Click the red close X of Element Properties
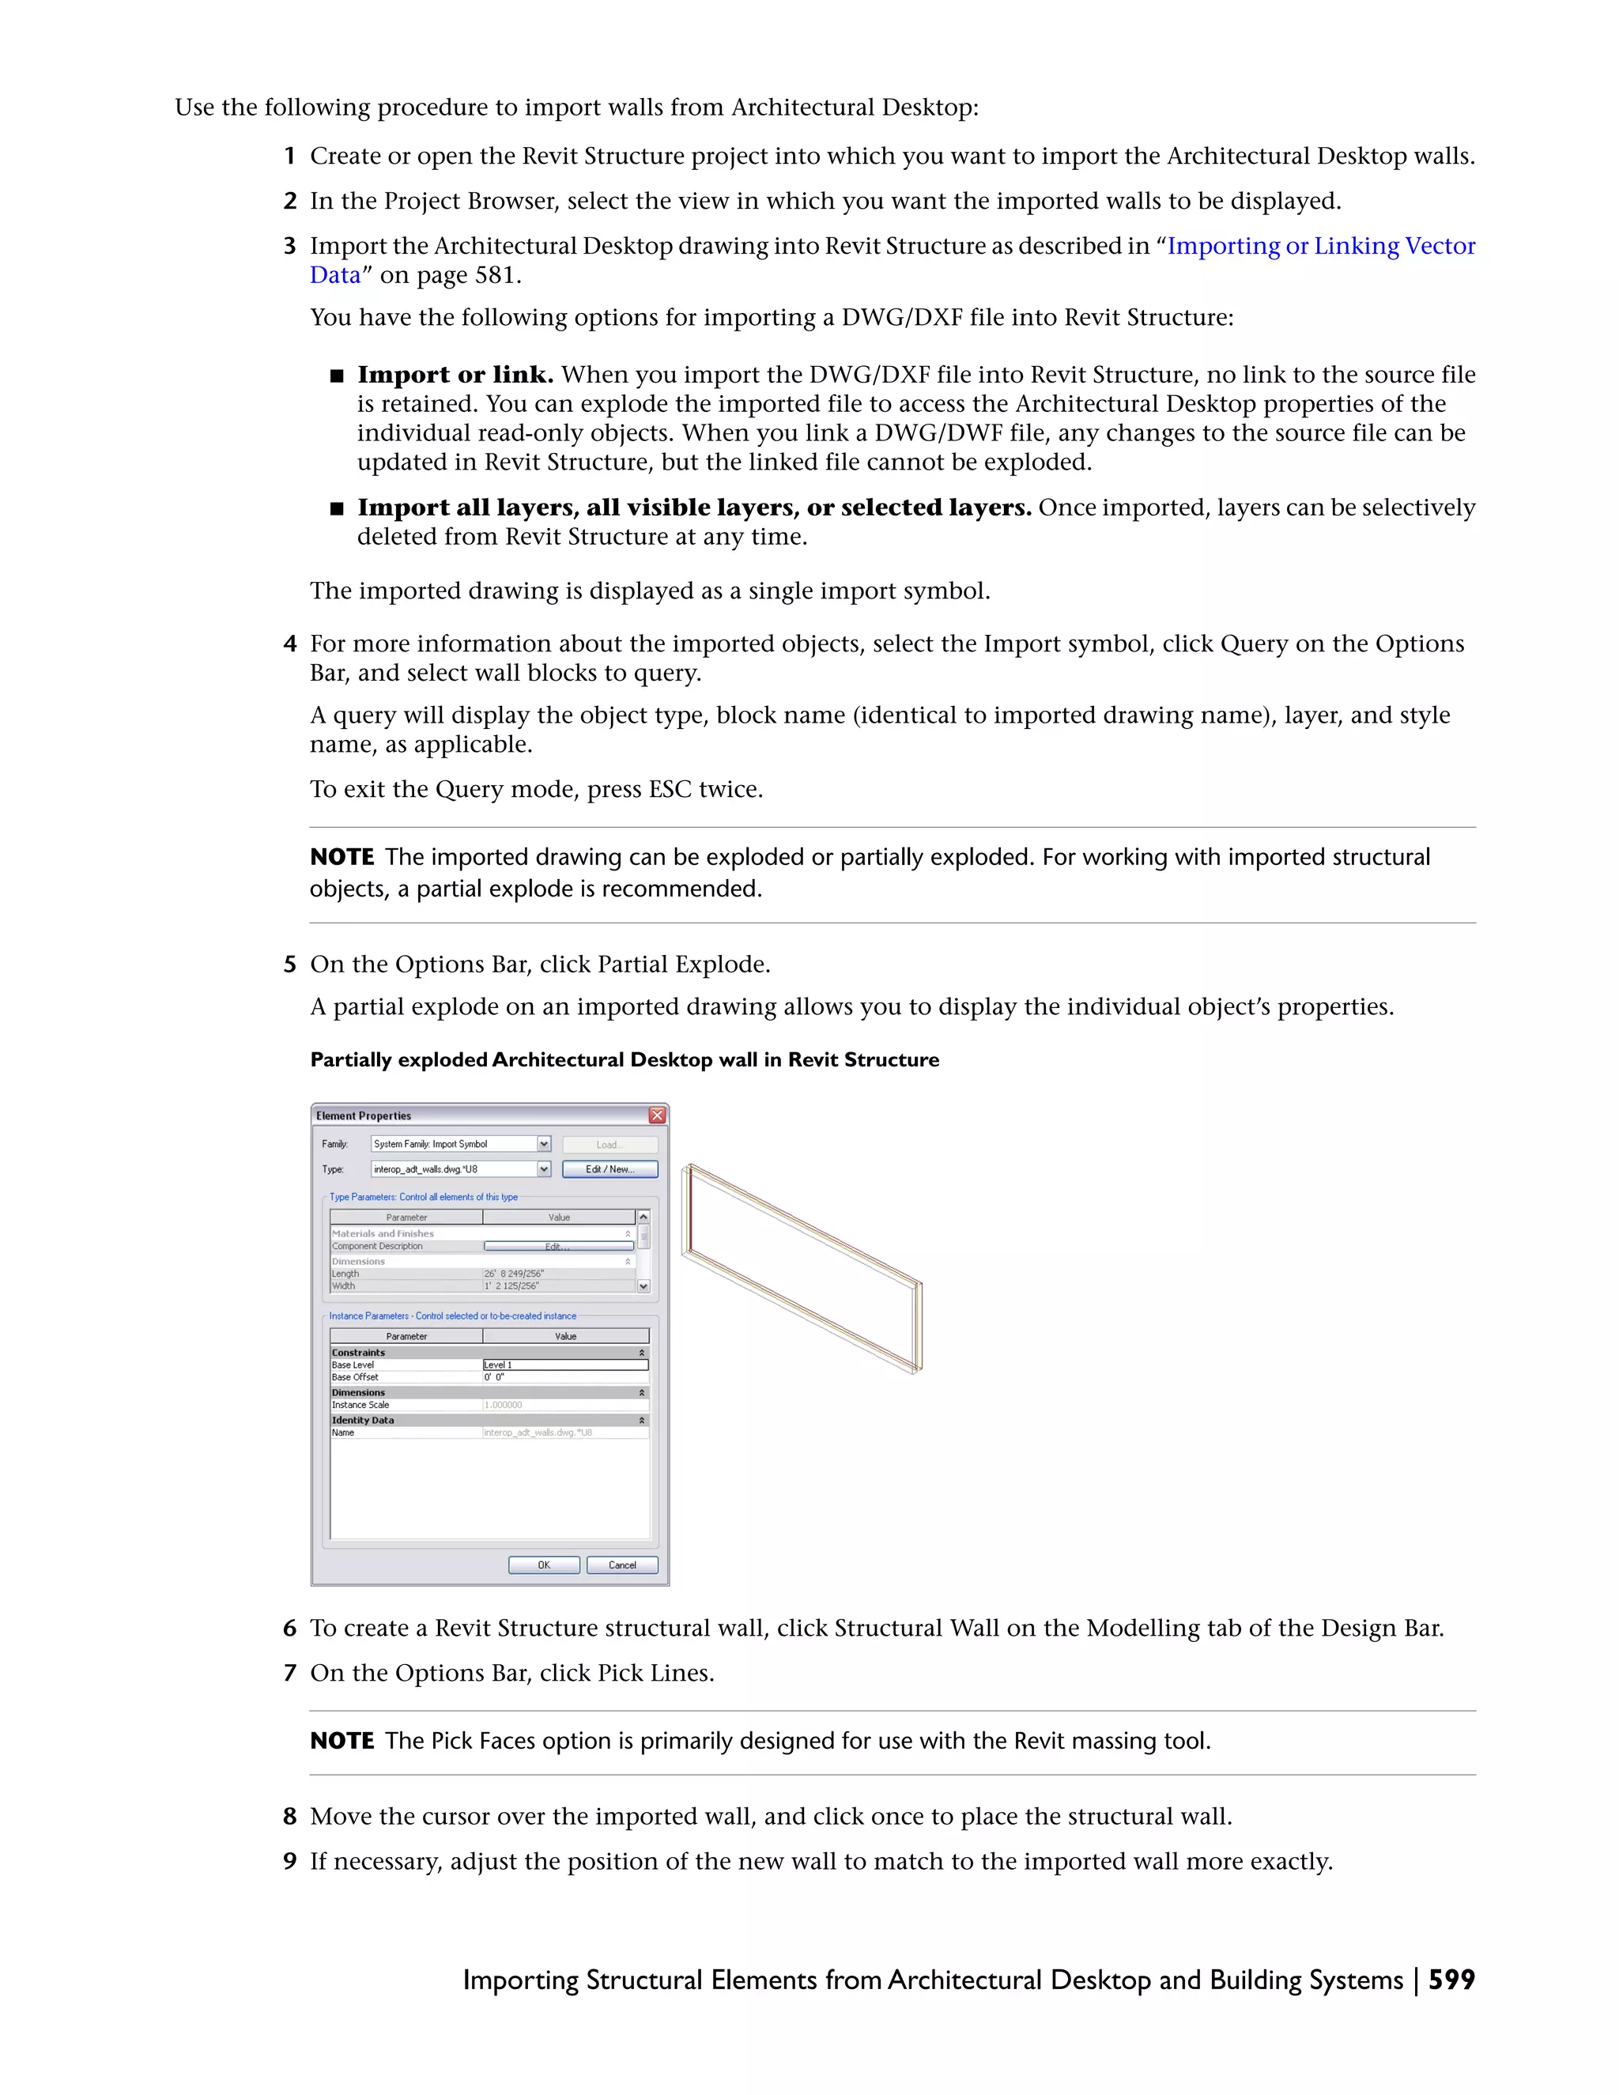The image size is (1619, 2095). click(657, 1115)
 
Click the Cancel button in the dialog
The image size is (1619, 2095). click(621, 1565)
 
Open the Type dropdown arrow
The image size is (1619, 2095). click(544, 1168)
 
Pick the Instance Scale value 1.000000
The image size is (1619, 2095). click(504, 1404)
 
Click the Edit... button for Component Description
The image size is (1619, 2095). click(558, 1246)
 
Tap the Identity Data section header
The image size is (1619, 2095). click(363, 1420)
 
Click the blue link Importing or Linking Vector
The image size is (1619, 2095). click(1321, 247)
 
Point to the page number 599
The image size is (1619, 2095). click(1451, 1979)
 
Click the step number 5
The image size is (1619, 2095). click(289, 964)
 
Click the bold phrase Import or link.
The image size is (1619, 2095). click(455, 374)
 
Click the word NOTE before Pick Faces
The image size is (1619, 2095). click(342, 1740)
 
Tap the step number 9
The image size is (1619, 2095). click(289, 1861)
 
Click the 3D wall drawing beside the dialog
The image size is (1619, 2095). click(802, 1268)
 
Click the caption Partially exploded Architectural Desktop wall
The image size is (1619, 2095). click(625, 1060)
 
